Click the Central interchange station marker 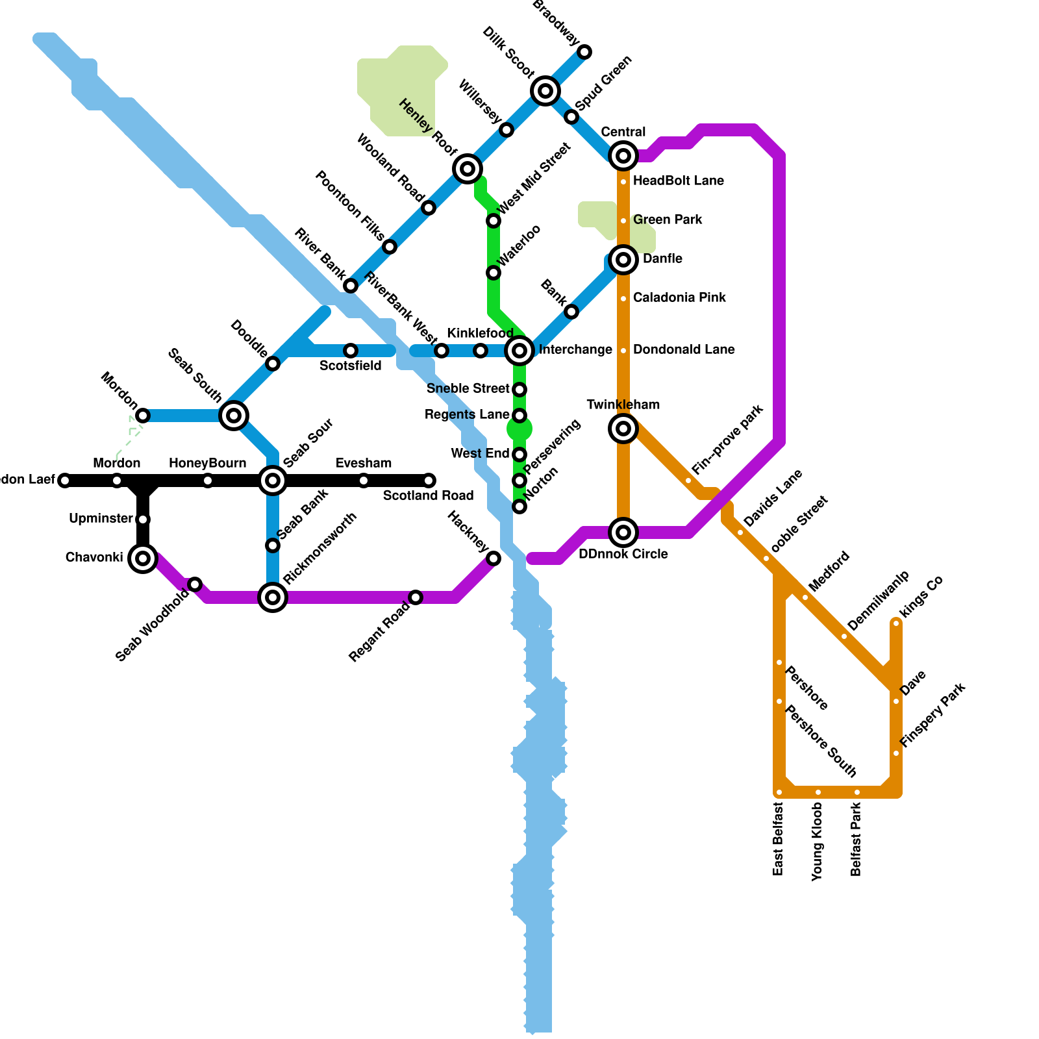[623, 156]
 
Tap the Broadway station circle [584, 52]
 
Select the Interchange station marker [519, 351]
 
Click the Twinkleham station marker [623, 429]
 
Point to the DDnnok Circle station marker [623, 532]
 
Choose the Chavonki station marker [143, 558]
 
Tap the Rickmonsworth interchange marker [273, 597]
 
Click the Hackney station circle [494, 558]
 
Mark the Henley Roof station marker [468, 169]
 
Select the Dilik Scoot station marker [545, 91]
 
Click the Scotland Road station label [428, 496]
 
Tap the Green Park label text [668, 220]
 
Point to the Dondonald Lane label [684, 350]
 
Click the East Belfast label [779, 838]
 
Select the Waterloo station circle [494, 273]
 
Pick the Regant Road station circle [416, 597]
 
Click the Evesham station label [364, 464]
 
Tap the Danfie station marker [623, 260]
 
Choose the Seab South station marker [234, 416]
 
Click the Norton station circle [519, 507]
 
